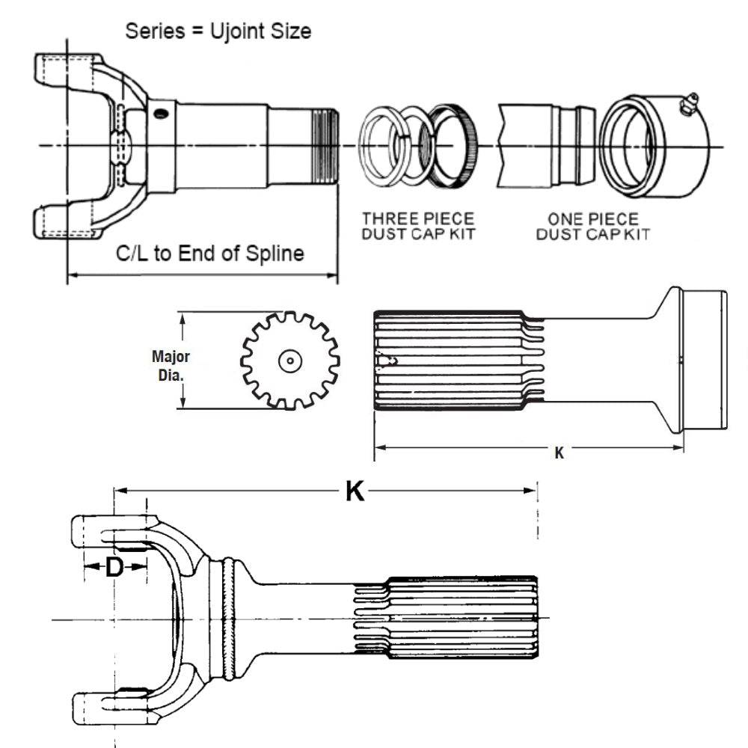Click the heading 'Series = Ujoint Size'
tap(218, 31)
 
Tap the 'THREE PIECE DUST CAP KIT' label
tap(418, 226)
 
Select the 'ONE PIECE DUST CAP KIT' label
tap(593, 226)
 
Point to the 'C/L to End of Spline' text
tap(210, 254)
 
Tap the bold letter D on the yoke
tap(114, 567)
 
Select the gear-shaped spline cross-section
tap(289, 361)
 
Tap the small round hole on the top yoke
tap(159, 113)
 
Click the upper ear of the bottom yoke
tap(105, 531)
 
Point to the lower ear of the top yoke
tap(67, 224)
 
